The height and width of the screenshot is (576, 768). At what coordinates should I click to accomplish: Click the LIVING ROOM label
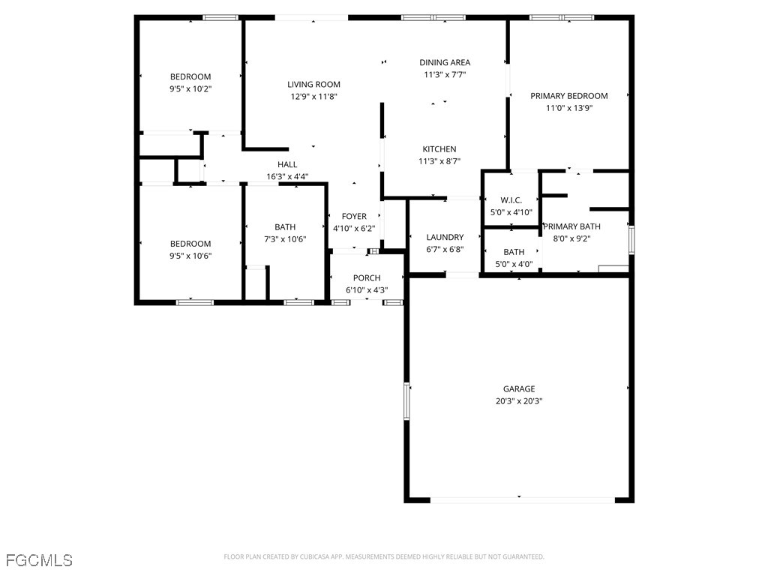(x=313, y=85)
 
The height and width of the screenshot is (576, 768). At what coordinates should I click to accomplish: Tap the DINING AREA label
(x=445, y=63)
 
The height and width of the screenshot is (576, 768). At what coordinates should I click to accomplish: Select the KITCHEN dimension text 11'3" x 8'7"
(x=439, y=161)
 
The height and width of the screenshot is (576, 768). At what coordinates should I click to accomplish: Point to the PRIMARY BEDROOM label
(x=568, y=96)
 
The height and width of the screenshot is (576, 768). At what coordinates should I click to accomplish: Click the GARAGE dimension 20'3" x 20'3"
(x=518, y=401)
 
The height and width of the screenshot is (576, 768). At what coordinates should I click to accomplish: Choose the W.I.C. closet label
(x=511, y=200)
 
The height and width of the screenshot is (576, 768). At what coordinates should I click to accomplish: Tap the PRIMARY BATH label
(x=571, y=226)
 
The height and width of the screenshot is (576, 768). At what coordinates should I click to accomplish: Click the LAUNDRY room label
(x=445, y=238)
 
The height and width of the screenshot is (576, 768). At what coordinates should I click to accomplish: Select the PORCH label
(x=367, y=278)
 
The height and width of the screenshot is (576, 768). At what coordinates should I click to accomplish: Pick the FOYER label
(x=354, y=217)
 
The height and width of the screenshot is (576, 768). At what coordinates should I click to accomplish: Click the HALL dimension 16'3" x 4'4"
(x=287, y=177)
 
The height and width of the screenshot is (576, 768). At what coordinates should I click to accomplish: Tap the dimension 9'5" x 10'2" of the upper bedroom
(x=190, y=88)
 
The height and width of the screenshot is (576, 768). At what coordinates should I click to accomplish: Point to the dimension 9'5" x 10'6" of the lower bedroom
(x=190, y=256)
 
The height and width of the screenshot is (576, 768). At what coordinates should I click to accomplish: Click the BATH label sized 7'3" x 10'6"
(x=285, y=227)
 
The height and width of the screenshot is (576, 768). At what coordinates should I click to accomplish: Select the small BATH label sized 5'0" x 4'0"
(x=514, y=252)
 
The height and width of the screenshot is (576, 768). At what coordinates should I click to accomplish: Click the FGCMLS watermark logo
(x=39, y=560)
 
